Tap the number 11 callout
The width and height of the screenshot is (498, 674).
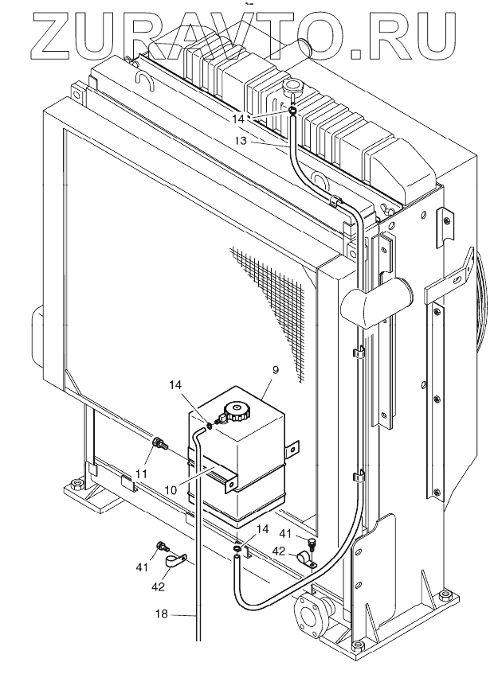tap(140, 473)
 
